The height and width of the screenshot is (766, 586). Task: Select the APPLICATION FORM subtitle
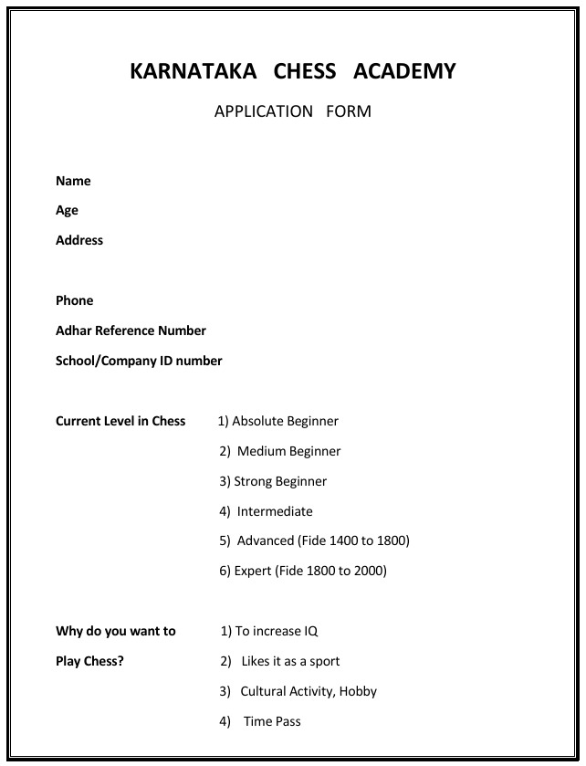[x=292, y=111]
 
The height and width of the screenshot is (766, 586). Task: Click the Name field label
[x=73, y=181]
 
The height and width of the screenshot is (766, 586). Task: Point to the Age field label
[x=67, y=211]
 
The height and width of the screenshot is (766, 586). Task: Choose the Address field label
[x=79, y=241]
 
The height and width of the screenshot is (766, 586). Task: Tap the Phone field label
[x=74, y=300]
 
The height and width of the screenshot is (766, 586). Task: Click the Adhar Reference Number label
[x=131, y=331]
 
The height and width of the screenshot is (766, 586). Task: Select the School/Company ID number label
[x=139, y=361]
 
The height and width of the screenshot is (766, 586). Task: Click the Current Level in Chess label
[x=120, y=421]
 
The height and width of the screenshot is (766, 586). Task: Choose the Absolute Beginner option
[x=278, y=421]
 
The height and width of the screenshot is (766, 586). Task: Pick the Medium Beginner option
[x=280, y=451]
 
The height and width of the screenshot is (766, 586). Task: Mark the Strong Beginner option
[x=273, y=481]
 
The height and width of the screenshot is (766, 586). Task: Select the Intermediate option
[x=267, y=511]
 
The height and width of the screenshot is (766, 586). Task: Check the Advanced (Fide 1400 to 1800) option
[x=315, y=540]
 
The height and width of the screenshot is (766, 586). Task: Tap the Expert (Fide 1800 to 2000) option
[x=303, y=571]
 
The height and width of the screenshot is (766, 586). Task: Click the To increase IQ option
[x=270, y=631]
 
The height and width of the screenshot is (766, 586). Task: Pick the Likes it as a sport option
[x=280, y=661]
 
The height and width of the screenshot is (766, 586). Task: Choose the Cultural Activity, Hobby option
[x=298, y=691]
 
